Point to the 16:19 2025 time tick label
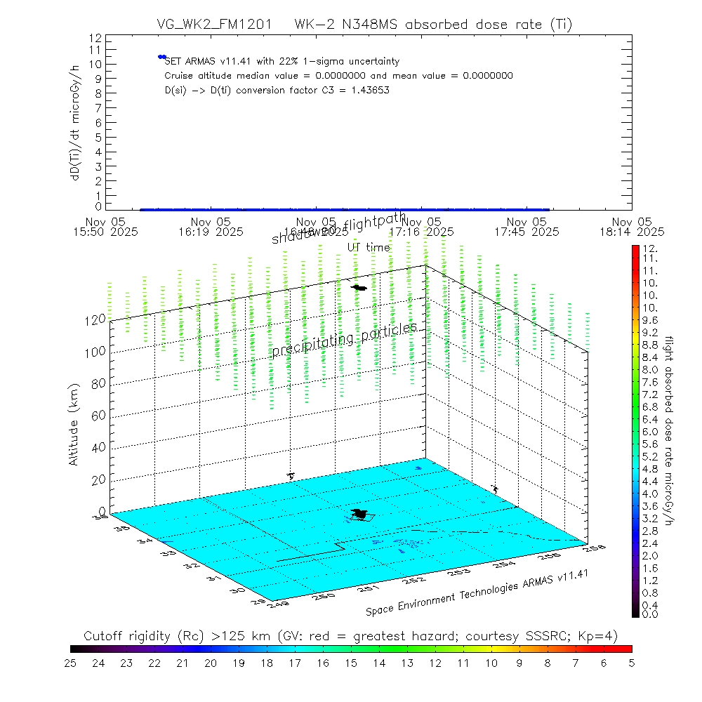click(x=211, y=226)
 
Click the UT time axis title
click(x=368, y=247)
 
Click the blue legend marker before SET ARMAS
click(x=161, y=57)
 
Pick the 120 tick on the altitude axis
click(x=96, y=319)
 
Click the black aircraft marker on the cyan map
click(x=361, y=515)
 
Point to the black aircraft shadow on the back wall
click(x=359, y=287)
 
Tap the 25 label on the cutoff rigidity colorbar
click(x=71, y=662)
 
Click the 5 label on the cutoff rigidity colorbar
click(x=631, y=662)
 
